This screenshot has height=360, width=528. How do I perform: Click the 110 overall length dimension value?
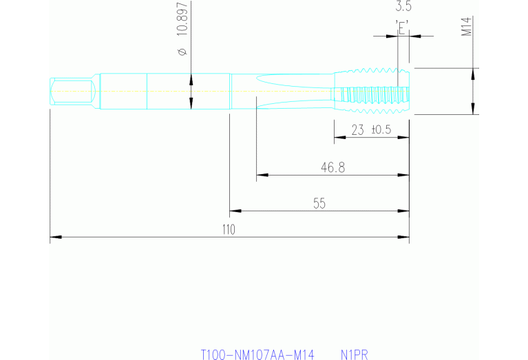(229, 230)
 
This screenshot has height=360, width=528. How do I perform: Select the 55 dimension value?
(319, 203)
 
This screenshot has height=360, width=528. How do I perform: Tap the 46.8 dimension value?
(332, 167)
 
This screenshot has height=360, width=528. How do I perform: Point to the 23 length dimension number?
(358, 130)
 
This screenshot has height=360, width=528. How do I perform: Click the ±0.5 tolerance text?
(381, 130)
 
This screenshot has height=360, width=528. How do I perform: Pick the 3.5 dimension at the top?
(403, 8)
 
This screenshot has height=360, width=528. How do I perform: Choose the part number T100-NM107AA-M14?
(257, 354)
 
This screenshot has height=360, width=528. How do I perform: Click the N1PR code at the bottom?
(355, 354)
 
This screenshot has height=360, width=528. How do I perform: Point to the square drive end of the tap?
(72, 91)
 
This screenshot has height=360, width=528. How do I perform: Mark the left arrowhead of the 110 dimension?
(54, 238)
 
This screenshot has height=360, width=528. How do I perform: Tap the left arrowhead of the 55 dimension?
(234, 211)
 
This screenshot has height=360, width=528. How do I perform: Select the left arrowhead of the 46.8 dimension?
(261, 175)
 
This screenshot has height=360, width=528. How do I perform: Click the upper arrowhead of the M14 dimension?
(472, 72)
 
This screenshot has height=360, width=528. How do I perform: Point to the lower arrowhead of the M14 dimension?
(472, 109)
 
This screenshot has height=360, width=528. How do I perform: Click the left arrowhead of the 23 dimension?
(339, 138)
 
